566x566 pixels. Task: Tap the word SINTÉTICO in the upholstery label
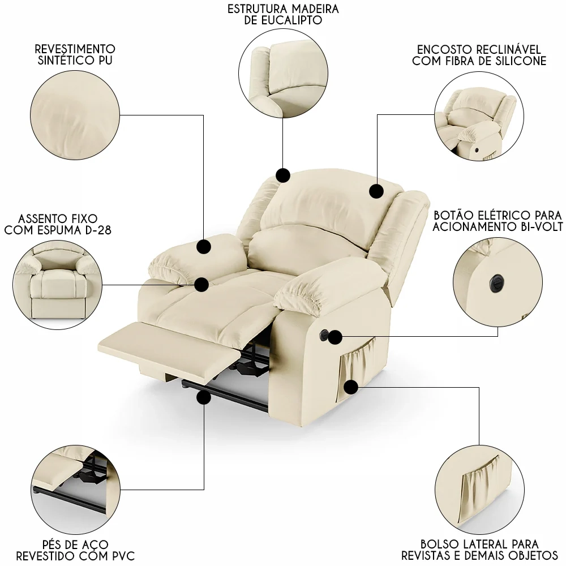(x=62, y=60)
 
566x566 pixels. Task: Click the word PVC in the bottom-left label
(x=122, y=556)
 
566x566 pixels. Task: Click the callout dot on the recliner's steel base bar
(x=204, y=398)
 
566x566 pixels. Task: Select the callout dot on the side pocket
(x=350, y=387)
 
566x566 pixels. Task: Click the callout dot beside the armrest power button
(x=335, y=337)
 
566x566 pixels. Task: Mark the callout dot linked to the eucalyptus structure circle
(x=283, y=176)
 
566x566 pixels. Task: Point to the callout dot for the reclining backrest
(x=376, y=191)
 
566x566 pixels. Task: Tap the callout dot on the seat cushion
(x=201, y=285)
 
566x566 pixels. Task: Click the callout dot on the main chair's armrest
(x=204, y=247)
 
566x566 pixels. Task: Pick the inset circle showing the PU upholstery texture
(x=75, y=115)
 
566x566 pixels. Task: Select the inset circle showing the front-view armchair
(x=58, y=285)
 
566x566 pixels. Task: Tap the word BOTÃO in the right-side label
(x=451, y=216)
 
